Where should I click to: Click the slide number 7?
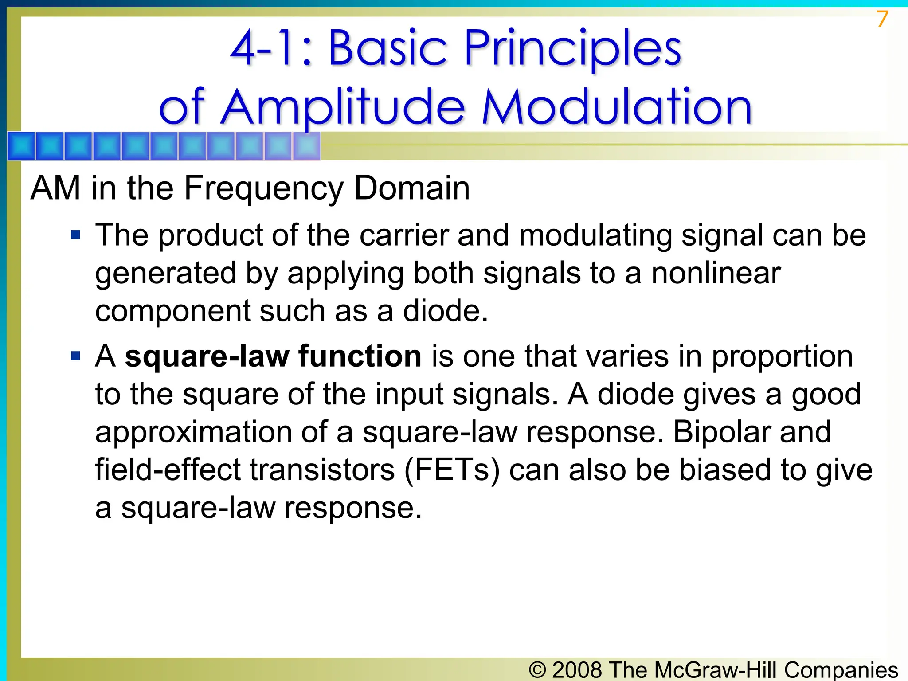click(882, 20)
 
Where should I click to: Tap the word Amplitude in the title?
click(342, 107)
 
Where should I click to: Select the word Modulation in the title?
click(617, 107)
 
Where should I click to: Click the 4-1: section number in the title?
click(271, 48)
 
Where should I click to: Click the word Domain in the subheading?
click(412, 188)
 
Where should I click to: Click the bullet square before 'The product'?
click(76, 235)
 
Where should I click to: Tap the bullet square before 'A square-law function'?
click(76, 356)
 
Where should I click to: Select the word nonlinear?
click(716, 273)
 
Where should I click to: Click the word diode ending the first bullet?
click(445, 311)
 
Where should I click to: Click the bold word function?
click(360, 356)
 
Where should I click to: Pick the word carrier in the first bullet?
click(404, 235)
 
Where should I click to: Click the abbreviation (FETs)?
click(452, 470)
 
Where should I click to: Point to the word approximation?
click(193, 433)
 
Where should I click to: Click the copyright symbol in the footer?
click(537, 669)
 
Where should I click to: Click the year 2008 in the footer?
click(577, 669)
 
